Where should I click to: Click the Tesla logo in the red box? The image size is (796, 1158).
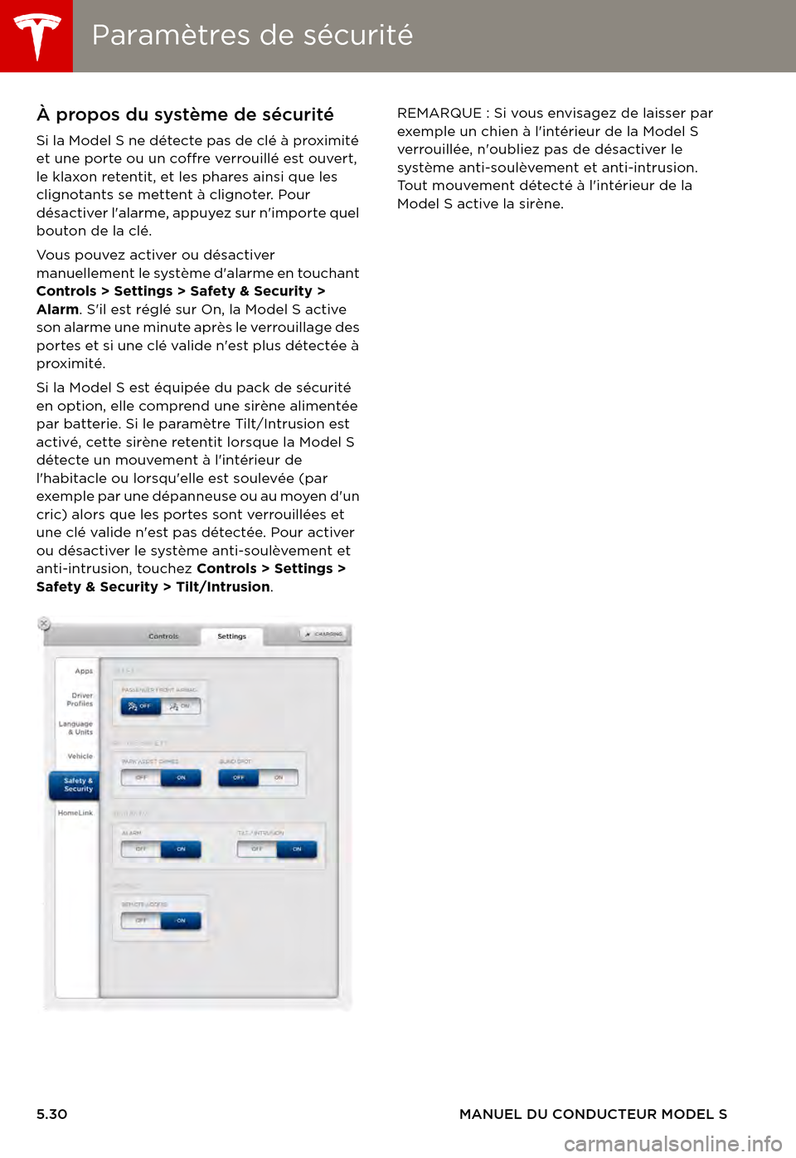tap(36, 36)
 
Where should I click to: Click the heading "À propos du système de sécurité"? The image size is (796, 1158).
tap(185, 114)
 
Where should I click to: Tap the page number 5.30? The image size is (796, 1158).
tap(51, 1114)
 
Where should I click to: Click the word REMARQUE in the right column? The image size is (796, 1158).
tap(439, 113)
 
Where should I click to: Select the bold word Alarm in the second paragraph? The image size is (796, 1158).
tap(57, 309)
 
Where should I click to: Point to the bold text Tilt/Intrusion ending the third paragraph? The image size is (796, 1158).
tap(222, 586)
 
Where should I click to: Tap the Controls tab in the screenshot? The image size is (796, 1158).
tap(163, 636)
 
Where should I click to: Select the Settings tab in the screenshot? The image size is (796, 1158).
tap(232, 636)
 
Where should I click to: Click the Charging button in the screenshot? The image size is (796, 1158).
tap(324, 634)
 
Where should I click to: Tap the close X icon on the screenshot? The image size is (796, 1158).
tap(44, 623)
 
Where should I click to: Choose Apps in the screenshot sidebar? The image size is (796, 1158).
tap(84, 671)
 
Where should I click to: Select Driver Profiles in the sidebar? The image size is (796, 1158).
tap(80, 699)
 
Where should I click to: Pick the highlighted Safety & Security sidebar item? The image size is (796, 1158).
tap(77, 785)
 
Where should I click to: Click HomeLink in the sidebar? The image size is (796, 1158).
tap(75, 813)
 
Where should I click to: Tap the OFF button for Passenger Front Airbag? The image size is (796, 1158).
tap(140, 706)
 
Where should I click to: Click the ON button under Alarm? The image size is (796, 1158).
tap(181, 849)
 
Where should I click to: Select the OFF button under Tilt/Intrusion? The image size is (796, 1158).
tap(257, 849)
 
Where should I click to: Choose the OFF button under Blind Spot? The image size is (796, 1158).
tap(239, 778)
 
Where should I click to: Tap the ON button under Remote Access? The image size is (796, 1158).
tap(181, 921)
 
